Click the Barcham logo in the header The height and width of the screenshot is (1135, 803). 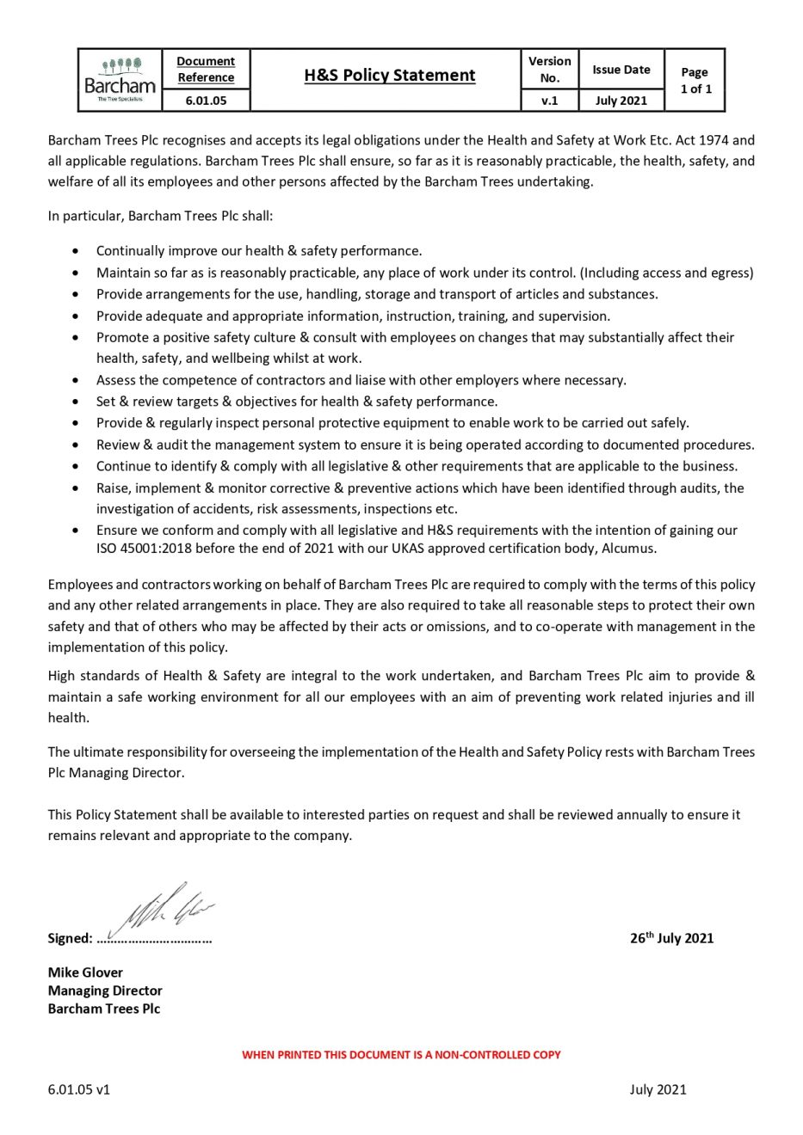point(120,80)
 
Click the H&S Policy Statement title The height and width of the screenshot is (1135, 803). point(389,75)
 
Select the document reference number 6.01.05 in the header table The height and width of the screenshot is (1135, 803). point(206,101)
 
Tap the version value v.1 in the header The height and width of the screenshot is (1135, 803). point(549,101)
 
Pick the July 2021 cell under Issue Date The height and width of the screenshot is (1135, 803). point(621,101)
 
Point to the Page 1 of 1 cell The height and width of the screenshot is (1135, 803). point(695,80)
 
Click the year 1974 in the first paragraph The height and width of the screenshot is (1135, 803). point(710,139)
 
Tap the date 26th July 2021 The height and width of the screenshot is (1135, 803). point(671,938)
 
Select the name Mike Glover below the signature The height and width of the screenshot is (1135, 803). point(85,972)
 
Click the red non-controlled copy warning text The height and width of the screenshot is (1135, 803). point(401,1054)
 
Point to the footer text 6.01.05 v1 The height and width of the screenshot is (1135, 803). point(78,1089)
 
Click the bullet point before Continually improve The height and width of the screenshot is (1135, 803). point(77,251)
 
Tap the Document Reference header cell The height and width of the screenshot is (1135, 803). point(206,69)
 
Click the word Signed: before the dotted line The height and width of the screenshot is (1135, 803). point(70,938)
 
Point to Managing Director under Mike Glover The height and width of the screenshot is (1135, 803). point(105,991)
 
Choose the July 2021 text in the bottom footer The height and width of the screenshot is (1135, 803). point(658,1089)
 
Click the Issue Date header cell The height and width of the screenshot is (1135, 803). point(621,70)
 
